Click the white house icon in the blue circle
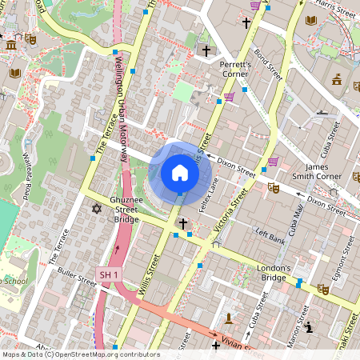pos(180,173)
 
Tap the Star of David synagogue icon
pos(98,209)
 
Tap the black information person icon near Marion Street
pos(309,327)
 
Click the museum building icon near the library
pos(11,44)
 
